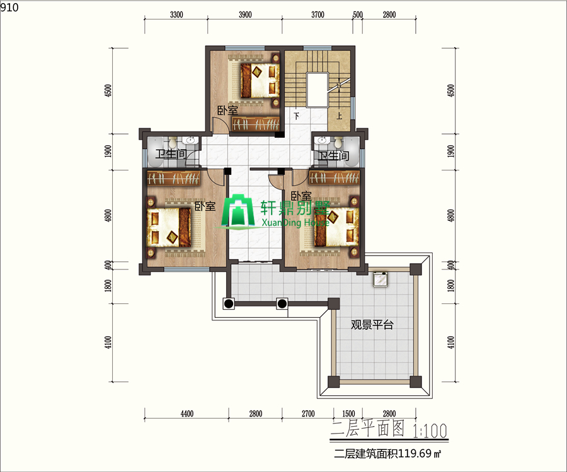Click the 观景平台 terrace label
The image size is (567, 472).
pyautogui.click(x=372, y=325)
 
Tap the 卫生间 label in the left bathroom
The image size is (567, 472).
pyautogui.click(x=171, y=154)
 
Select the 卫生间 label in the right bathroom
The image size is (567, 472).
pyautogui.click(x=333, y=155)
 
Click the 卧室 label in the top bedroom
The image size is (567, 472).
pyautogui.click(x=227, y=110)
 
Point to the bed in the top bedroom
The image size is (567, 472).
pyautogui.click(x=260, y=80)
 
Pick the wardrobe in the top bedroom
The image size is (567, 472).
pyautogui.click(x=255, y=124)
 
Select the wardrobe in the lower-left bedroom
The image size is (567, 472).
pyautogui.click(x=174, y=177)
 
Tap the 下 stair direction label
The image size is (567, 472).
pyautogui.click(x=297, y=116)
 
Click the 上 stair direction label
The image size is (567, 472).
pyautogui.click(x=339, y=116)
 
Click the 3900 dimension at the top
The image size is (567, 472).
pyautogui.click(x=245, y=15)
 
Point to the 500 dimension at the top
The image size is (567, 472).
pyautogui.click(x=358, y=15)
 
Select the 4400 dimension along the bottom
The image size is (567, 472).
pyautogui.click(x=186, y=413)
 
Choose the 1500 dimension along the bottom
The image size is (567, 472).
pyautogui.click(x=348, y=413)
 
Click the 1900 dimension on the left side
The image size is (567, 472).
pyautogui.click(x=108, y=151)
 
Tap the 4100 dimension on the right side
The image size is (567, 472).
pyautogui.click(x=450, y=342)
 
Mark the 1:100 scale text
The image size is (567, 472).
pyautogui.click(x=430, y=430)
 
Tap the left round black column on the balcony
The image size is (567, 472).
pyautogui.click(x=229, y=303)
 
